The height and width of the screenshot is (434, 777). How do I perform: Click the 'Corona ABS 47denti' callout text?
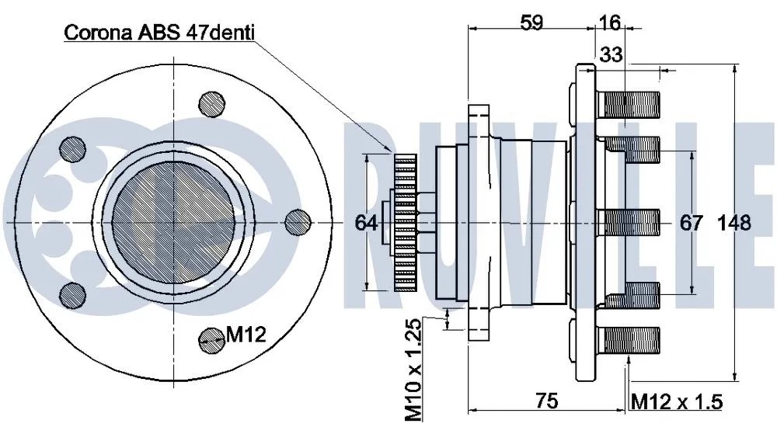(x=159, y=32)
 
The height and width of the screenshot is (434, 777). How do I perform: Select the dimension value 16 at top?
(x=610, y=23)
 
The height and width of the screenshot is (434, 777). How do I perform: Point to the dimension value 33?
(x=612, y=54)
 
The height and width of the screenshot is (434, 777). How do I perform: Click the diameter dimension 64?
(x=366, y=223)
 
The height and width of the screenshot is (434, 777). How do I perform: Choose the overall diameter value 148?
(x=734, y=223)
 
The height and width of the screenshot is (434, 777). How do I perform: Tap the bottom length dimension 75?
(x=548, y=401)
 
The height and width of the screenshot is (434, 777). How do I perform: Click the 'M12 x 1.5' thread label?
(x=676, y=401)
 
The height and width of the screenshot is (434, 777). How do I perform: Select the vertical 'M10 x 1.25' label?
(x=416, y=370)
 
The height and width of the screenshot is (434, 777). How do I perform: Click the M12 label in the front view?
(x=246, y=335)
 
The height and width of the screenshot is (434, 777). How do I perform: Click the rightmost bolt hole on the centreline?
(x=297, y=222)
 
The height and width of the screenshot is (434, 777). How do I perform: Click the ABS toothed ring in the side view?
(x=406, y=223)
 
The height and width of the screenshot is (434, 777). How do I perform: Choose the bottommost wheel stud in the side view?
(x=630, y=340)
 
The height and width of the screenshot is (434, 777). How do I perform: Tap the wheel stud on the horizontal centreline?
(x=630, y=223)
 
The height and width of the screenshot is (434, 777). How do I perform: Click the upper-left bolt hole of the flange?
(x=72, y=148)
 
